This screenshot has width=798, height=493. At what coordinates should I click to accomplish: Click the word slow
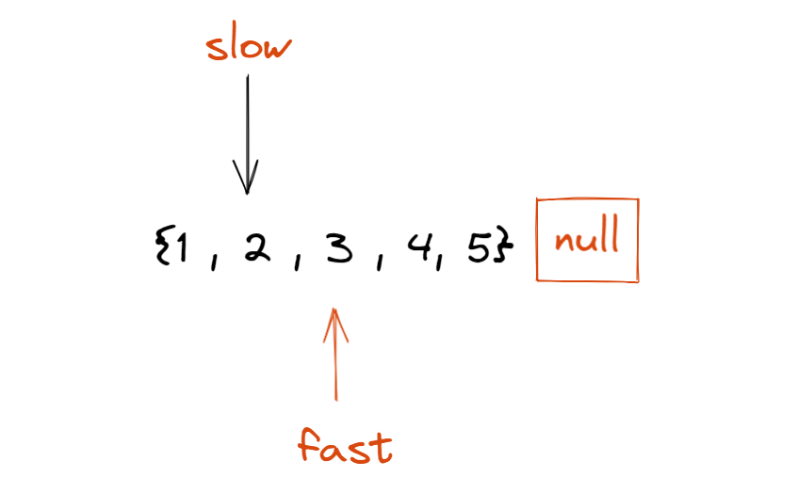[x=247, y=45]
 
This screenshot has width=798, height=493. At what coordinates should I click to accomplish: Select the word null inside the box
[x=587, y=239]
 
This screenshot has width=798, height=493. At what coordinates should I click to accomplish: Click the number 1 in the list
[x=182, y=250]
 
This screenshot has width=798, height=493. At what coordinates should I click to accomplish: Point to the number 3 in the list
[x=334, y=249]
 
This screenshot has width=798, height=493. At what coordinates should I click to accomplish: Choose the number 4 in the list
[x=415, y=249]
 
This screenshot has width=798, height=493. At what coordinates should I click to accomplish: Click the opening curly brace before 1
[x=161, y=250]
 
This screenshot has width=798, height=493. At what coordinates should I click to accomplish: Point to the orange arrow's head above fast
[x=334, y=320]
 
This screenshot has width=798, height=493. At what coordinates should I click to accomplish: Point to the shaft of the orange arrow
[x=334, y=367]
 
